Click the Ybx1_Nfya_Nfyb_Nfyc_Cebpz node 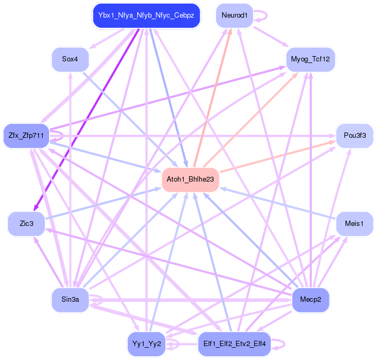(146, 15)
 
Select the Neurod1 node (234, 15)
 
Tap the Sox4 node (70, 59)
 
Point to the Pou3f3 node (354, 136)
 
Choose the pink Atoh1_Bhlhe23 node (190, 179)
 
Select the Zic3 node (26, 223)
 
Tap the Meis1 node (354, 223)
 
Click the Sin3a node (70, 299)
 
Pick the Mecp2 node (310, 299)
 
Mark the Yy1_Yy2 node (146, 343)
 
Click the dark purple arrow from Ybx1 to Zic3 (89, 118)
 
